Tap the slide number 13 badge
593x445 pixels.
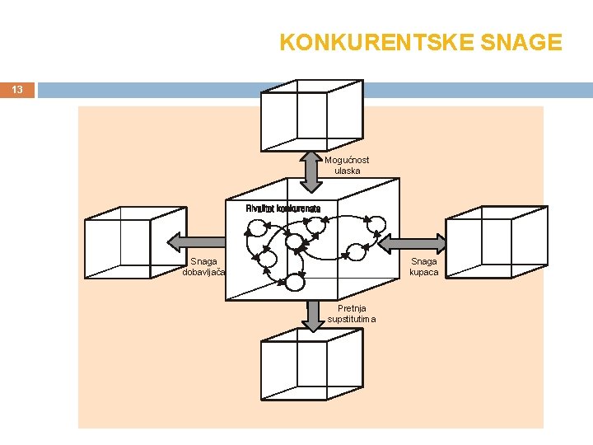click(17, 89)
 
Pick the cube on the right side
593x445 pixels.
click(495, 242)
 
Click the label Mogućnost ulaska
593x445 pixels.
click(347, 166)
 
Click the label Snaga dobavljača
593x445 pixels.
click(204, 267)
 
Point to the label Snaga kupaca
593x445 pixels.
click(423, 267)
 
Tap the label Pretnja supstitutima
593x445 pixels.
click(352, 314)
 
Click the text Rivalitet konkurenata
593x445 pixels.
click(282, 208)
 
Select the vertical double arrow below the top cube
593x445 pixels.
click(311, 171)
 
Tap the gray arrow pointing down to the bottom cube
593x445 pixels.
click(312, 316)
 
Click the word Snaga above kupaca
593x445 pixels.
click(423, 262)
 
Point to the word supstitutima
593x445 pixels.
click(352, 319)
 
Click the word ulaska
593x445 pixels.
click(347, 171)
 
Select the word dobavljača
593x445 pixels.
click(204, 272)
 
